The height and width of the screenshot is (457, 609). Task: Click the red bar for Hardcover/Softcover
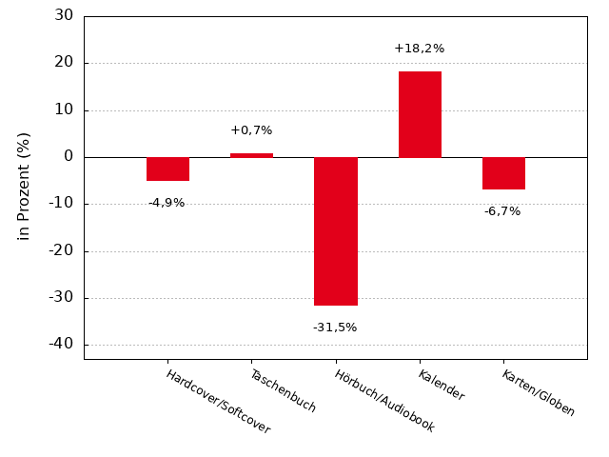pyautogui.click(x=167, y=169)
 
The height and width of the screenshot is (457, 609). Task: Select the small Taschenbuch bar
pyautogui.click(x=251, y=155)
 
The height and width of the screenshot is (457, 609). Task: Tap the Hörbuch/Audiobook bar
pyautogui.click(x=335, y=230)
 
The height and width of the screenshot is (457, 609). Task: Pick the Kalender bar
pyautogui.click(x=420, y=114)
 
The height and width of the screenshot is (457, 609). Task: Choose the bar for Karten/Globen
pyautogui.click(x=503, y=172)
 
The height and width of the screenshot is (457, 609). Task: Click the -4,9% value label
pyautogui.click(x=167, y=203)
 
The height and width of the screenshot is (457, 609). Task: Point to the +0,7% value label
pyautogui.click(x=251, y=130)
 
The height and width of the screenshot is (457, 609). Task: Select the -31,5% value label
pyautogui.click(x=335, y=328)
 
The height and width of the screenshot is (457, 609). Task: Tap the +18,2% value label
pyautogui.click(x=419, y=49)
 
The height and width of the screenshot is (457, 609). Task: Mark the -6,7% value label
pyautogui.click(x=502, y=211)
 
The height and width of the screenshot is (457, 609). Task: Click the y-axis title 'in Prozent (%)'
pyautogui.click(x=25, y=186)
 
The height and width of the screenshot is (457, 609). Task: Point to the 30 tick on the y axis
pyautogui.click(x=64, y=15)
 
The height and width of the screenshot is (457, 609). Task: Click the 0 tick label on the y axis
pyautogui.click(x=69, y=156)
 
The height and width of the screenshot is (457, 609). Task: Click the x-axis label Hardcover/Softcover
pyautogui.click(x=218, y=402)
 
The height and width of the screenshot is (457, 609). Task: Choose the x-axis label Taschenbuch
pyautogui.click(x=283, y=390)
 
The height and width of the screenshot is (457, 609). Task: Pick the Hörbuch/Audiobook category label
pyautogui.click(x=384, y=401)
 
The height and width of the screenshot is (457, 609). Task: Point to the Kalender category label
pyautogui.click(x=441, y=386)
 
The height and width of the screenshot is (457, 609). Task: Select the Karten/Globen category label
pyautogui.click(x=539, y=393)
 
